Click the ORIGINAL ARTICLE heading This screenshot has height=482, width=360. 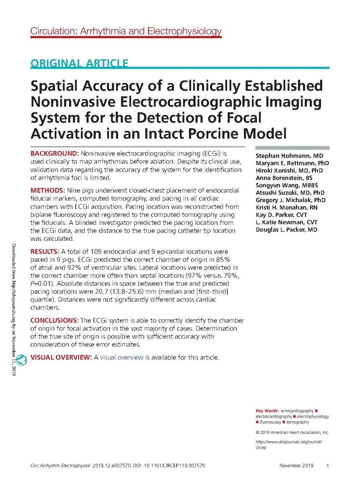click(80, 63)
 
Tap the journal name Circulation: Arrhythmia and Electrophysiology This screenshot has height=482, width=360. click(126, 31)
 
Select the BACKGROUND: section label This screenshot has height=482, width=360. click(55, 154)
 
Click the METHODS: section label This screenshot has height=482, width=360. click(49, 189)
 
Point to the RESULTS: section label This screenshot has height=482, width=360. click(45, 251)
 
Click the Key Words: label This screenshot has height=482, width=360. click(267, 410)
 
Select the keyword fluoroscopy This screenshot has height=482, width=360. click(270, 422)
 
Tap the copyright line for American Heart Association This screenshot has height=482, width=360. click(292, 432)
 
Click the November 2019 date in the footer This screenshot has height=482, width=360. click(296, 466)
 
